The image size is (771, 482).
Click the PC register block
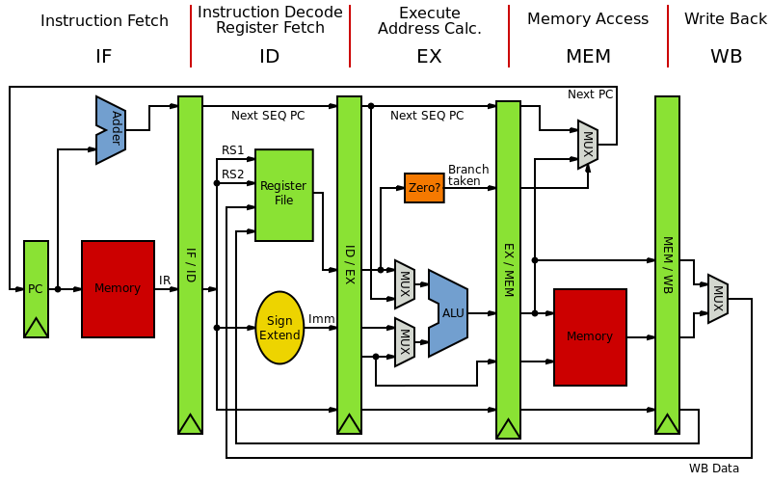36,280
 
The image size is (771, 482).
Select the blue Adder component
112,129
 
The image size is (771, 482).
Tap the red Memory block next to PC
118,288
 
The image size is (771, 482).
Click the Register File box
283,194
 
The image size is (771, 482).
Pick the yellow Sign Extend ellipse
279,328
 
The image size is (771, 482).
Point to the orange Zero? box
424,188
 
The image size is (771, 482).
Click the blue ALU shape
450,312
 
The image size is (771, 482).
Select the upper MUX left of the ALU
405,284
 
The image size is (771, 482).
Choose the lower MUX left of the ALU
405,342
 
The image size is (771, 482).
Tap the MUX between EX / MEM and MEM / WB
588,145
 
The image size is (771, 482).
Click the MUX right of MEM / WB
718,299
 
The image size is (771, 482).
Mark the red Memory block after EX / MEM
590,336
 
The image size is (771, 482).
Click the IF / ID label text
190,264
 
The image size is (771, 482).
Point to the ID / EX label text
349,264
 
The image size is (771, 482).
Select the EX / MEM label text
508,269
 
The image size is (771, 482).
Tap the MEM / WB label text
667,264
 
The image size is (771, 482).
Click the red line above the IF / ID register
191,36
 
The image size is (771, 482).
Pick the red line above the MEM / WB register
667,36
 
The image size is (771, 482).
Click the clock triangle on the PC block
36,328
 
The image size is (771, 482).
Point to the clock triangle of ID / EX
349,424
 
